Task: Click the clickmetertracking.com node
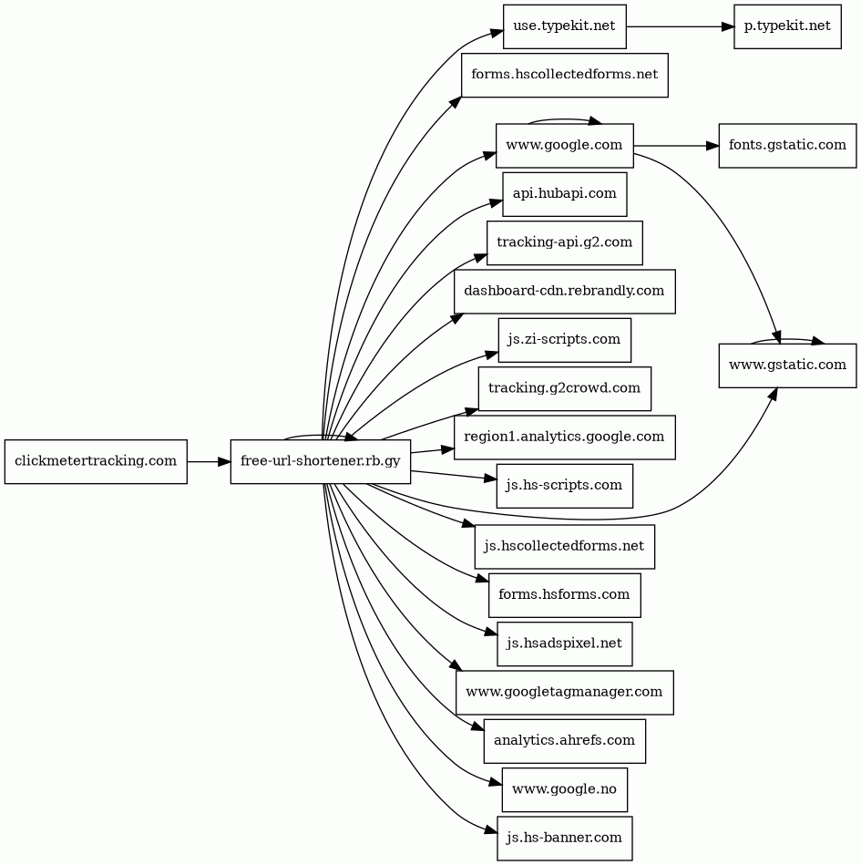point(96,462)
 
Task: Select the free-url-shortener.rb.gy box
point(321,462)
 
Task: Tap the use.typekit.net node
point(565,26)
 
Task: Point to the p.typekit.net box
point(787,26)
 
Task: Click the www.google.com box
point(565,146)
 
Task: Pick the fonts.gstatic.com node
point(787,146)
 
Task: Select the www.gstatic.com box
point(787,366)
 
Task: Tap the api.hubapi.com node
point(565,194)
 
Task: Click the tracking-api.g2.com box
point(565,243)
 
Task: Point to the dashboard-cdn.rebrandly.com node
point(565,292)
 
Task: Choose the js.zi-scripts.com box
point(565,340)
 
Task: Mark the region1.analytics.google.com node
point(565,438)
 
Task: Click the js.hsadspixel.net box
point(565,644)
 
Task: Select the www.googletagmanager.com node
point(565,693)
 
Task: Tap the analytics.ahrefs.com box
point(565,741)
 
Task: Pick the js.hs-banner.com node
point(565,839)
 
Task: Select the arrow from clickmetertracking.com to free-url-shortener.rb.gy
point(209,462)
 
